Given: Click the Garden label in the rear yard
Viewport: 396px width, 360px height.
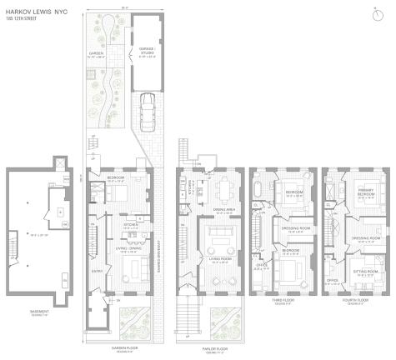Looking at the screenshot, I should click(98, 56).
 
